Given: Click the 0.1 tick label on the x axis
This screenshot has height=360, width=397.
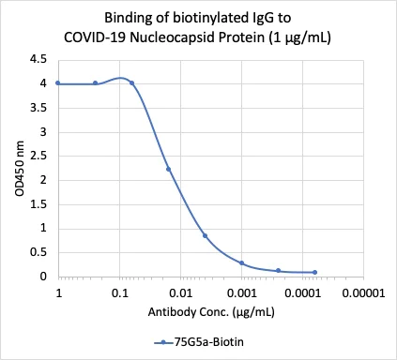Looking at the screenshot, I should tap(119, 293).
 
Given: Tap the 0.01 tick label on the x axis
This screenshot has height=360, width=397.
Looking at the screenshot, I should tap(180, 293).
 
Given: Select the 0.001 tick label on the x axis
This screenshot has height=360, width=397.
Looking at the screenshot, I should tap(241, 293).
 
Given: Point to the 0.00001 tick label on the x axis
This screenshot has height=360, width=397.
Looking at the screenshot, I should tap(362, 293).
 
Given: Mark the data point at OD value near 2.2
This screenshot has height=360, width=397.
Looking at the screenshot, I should tap(168, 170).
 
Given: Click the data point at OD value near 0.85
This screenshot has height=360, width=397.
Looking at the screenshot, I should tap(205, 235).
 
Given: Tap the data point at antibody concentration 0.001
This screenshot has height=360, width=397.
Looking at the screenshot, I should tap(241, 262).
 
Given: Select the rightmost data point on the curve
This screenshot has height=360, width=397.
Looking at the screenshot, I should tap(314, 272).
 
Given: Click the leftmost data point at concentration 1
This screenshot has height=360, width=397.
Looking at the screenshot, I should tap(58, 82).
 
